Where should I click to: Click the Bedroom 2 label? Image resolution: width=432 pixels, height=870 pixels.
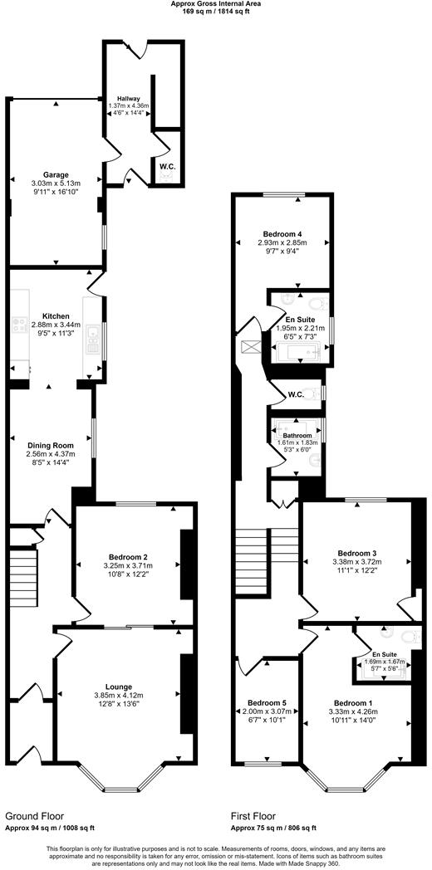128,556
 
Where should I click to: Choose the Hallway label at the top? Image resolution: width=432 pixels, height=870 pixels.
128,98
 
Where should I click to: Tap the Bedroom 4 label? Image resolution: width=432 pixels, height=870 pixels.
282,234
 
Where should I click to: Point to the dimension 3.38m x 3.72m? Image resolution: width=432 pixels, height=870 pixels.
357,562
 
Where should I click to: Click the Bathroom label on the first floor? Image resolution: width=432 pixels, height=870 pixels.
297,436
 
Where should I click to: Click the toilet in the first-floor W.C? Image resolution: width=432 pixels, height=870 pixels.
310,394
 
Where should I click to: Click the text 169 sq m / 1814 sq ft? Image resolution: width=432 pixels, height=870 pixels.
215,12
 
